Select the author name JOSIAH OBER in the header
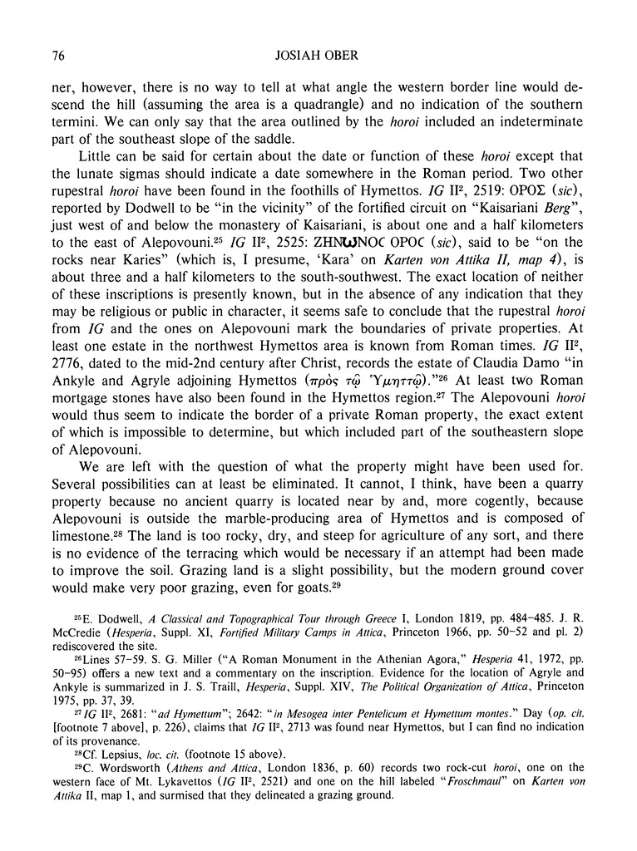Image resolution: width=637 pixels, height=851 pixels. tap(318, 56)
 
